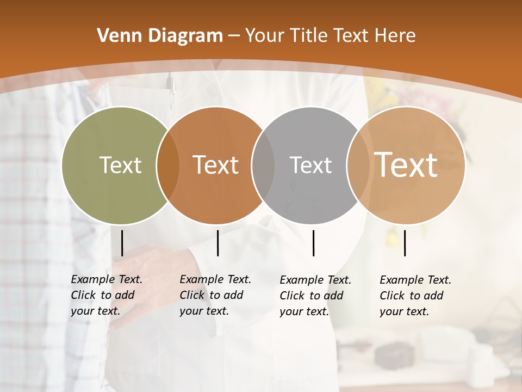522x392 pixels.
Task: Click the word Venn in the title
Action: click(x=113, y=36)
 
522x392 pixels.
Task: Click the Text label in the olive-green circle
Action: click(x=120, y=165)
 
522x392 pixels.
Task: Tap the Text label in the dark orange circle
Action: click(x=215, y=165)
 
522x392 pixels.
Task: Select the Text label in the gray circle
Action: click(x=310, y=165)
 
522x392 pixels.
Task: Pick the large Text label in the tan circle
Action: click(x=406, y=165)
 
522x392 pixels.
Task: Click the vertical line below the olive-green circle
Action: click(x=122, y=243)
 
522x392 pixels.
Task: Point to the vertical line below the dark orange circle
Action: click(x=217, y=243)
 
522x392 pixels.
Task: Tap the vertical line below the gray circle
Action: click(x=313, y=243)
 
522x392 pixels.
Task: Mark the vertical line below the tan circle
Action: click(x=405, y=243)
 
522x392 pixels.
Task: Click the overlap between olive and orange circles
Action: click(x=168, y=165)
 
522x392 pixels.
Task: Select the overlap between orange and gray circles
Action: click(x=263, y=165)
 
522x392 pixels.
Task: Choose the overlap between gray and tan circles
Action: click(x=358, y=165)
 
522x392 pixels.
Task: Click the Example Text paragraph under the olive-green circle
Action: click(x=107, y=295)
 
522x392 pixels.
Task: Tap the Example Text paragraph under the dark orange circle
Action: click(x=215, y=295)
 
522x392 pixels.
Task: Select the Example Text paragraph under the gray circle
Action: click(x=315, y=296)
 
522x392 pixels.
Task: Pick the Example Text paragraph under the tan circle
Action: click(x=415, y=296)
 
